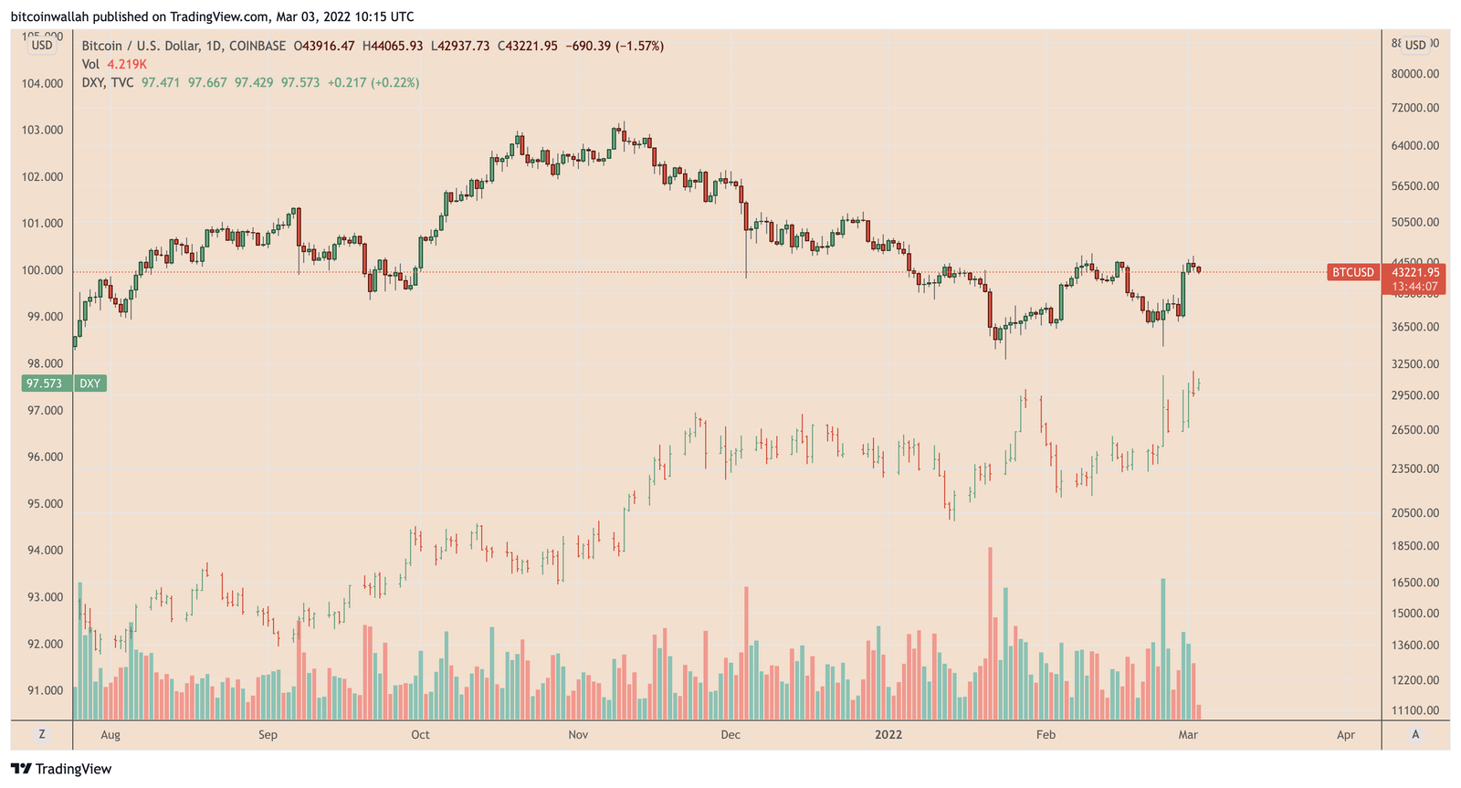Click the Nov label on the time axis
point(578,734)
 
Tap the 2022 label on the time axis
point(888,734)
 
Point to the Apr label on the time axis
point(1345,734)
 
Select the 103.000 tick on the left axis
point(42,131)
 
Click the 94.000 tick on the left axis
point(42,551)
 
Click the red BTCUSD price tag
point(1352,272)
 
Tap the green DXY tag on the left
point(89,383)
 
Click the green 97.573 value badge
point(44,383)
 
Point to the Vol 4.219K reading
point(114,64)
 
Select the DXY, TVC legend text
point(108,82)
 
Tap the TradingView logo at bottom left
point(61,769)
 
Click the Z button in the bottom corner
point(41,734)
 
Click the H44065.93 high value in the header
point(393,46)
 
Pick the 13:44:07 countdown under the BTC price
point(1414,287)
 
